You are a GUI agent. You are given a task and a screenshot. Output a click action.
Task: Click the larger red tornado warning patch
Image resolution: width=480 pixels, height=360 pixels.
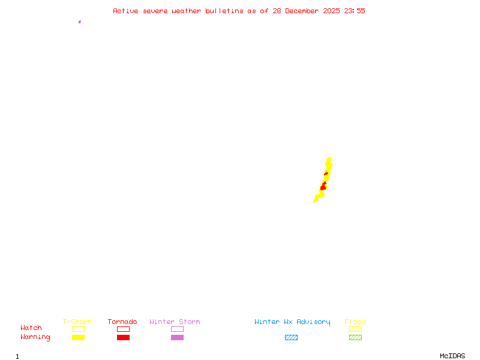click(323, 187)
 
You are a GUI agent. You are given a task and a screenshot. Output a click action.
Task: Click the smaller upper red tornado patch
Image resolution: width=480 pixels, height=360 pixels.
click(326, 173)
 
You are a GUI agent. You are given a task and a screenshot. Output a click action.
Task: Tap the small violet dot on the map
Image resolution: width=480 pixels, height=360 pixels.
click(79, 22)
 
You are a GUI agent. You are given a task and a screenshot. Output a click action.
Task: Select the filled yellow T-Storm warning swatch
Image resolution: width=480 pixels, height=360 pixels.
click(78, 338)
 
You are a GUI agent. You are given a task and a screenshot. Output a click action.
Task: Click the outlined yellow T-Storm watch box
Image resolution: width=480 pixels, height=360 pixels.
click(78, 329)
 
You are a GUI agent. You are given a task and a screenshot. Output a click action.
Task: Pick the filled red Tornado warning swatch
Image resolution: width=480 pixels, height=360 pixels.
click(123, 338)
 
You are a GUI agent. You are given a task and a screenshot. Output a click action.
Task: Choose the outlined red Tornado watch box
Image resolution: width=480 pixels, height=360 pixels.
click(123, 329)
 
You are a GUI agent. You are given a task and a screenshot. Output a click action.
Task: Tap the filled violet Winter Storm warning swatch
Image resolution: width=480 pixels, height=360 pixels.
click(177, 338)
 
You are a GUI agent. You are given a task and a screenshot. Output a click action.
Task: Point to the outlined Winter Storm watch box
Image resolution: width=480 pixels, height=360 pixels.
click(177, 329)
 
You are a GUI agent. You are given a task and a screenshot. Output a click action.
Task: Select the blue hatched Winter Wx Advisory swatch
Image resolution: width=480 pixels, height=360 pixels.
click(291, 338)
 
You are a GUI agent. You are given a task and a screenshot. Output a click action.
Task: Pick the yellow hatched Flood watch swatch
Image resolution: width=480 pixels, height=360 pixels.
click(355, 329)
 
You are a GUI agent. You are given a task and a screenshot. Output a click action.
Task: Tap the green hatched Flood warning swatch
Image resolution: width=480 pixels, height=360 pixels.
click(355, 338)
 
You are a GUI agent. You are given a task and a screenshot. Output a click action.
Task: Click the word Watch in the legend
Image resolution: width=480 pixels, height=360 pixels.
click(31, 328)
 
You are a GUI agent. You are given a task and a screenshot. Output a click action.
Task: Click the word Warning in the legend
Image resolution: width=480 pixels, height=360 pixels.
click(35, 337)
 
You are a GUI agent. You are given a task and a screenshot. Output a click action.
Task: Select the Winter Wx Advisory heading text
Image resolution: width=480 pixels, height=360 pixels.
click(292, 322)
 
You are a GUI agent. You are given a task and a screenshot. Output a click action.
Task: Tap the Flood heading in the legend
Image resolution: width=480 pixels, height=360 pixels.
click(355, 322)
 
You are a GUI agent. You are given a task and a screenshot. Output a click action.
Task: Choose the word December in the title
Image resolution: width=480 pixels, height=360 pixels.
click(302, 11)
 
